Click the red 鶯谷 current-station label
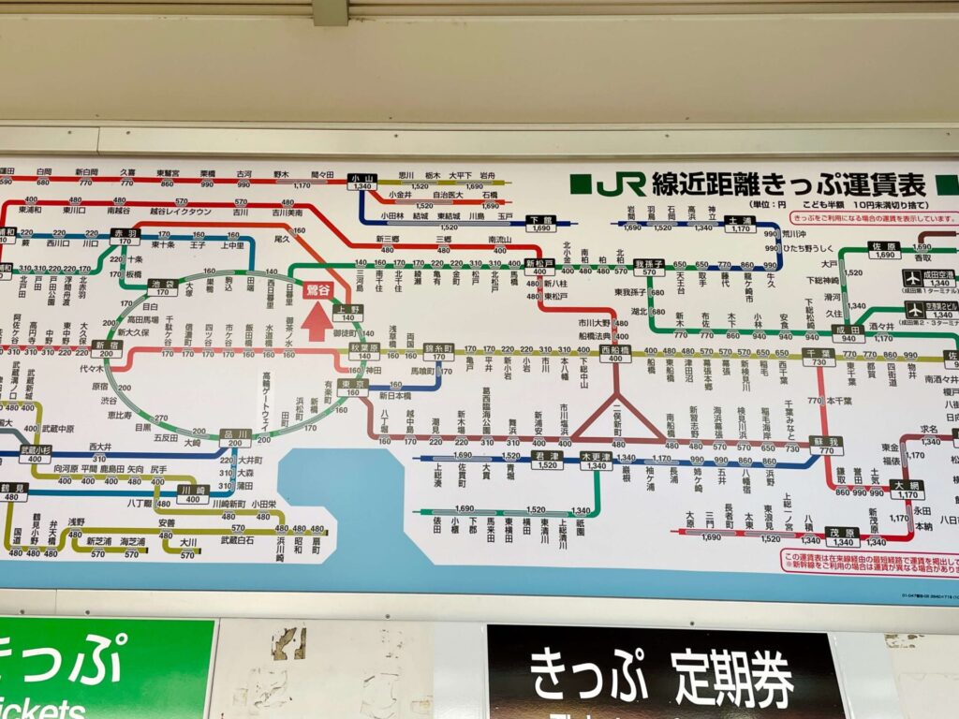click(319, 291)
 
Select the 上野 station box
click(347, 312)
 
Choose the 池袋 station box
click(162, 286)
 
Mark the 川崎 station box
click(193, 493)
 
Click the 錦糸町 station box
click(438, 351)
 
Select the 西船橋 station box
click(616, 354)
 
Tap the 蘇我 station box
click(826, 445)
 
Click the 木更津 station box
click(596, 461)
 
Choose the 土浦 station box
click(739, 224)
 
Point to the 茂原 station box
click(844, 536)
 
